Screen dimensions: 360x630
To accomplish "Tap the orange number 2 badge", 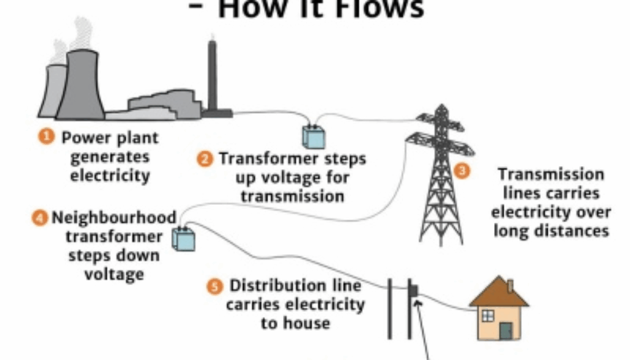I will pos(204,159).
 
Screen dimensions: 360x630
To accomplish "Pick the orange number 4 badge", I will pos(40,217).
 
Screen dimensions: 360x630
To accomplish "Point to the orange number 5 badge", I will pos(214,286).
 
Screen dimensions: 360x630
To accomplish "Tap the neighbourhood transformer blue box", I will pos(184,239).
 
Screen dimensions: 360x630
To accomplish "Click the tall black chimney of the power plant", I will pos(213,77).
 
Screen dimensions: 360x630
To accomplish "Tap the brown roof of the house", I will pos(498,294).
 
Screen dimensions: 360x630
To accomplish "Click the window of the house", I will pos(487,316).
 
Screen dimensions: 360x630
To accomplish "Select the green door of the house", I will pos(506,330).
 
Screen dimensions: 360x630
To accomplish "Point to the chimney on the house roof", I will pos(509,286).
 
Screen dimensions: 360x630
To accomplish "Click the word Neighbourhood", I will pos(114,218).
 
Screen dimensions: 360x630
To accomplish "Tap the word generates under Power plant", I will pos(110,156).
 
